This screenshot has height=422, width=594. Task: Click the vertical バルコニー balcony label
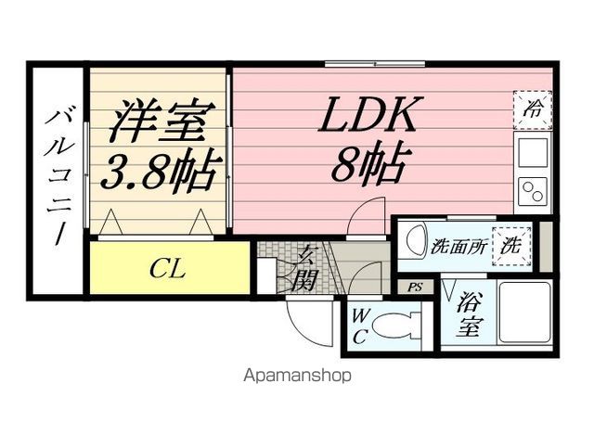[x=58, y=176]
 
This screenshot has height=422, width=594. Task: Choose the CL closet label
[x=168, y=270]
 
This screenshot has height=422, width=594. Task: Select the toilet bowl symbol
[x=399, y=326]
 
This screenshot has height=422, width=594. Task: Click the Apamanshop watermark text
[x=297, y=377]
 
